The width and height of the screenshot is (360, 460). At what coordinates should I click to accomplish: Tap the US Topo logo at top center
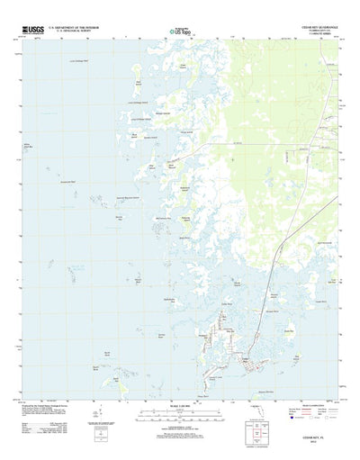(x=180, y=33)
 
